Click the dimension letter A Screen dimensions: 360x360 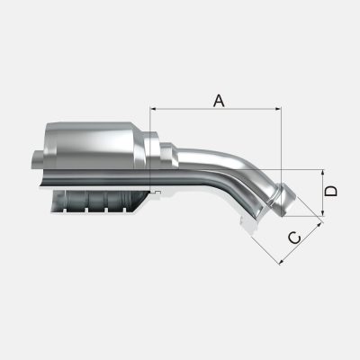pos(219,101)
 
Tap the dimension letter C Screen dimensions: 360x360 pos(295,238)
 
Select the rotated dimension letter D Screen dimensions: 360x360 pos(331,191)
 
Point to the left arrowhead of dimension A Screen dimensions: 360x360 pos(153,109)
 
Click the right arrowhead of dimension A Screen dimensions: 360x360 pos(278,109)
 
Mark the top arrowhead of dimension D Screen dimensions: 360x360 pos(323,173)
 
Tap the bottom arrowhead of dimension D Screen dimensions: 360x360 pos(323,212)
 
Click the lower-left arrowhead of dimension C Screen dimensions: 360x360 pos(282,262)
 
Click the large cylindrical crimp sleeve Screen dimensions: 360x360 pos(93,146)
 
